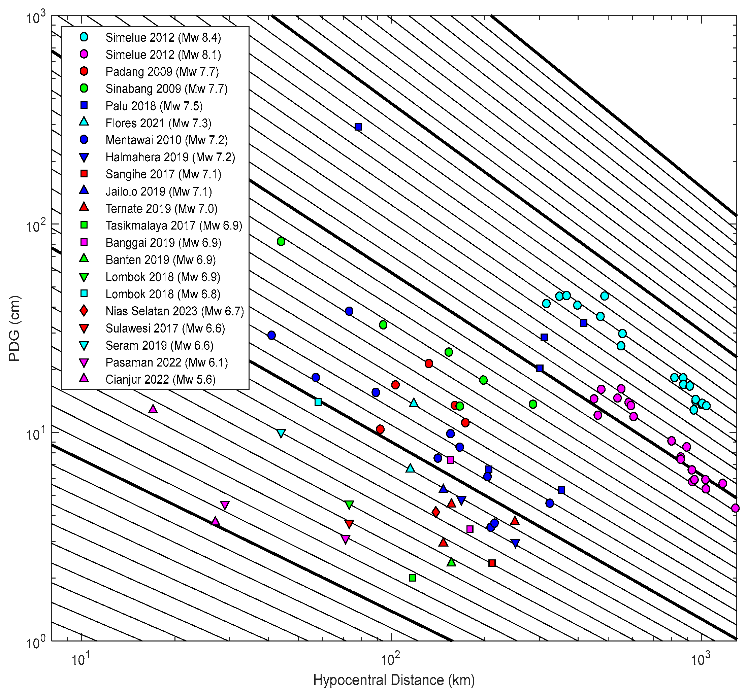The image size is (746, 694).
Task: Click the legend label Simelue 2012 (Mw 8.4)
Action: point(163,37)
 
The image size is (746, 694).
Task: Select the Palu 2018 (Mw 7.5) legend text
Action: point(154,106)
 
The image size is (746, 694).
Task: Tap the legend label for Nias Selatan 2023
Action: point(174,311)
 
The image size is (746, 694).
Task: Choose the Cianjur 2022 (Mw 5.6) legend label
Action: point(160,379)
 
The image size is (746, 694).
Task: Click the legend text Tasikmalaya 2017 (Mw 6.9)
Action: point(174,225)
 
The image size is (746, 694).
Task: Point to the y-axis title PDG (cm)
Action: point(14,329)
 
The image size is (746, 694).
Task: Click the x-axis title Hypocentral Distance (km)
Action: point(394,680)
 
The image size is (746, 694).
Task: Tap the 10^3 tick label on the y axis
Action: point(36,18)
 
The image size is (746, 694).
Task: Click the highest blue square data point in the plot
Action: point(358,127)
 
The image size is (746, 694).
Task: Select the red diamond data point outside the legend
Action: point(436,512)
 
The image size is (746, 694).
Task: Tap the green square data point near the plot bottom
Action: point(413,578)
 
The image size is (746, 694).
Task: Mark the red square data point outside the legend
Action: point(492,563)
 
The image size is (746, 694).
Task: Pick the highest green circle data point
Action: point(281,241)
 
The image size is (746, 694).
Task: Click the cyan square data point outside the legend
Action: point(318,402)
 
